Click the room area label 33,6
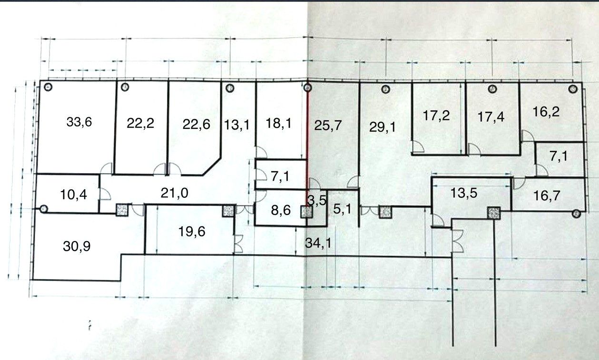pyautogui.click(x=79, y=122)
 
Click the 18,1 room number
pyautogui.click(x=279, y=124)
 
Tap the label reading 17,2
pyautogui.click(x=437, y=115)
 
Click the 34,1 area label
pyautogui.click(x=318, y=243)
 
